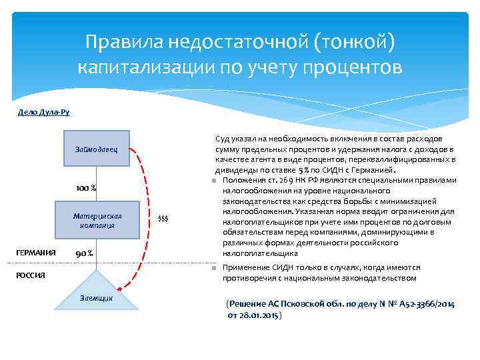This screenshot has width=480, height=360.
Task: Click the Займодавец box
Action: click(97, 149)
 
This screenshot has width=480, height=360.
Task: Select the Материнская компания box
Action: click(97, 220)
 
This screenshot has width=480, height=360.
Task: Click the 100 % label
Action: click(86, 188)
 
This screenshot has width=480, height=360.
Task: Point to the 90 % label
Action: click(84, 254)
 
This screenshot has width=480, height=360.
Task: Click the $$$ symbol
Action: click(163, 219)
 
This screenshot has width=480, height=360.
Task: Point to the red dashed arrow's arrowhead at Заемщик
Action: click(119, 288)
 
